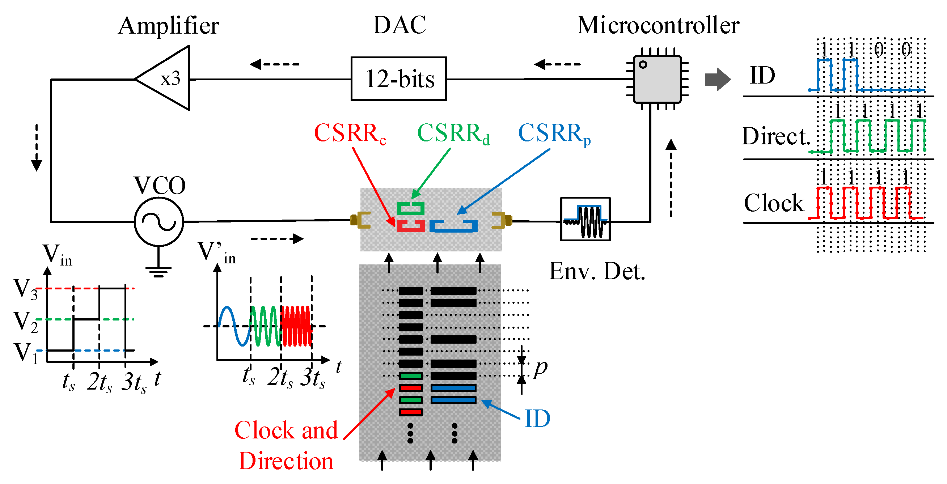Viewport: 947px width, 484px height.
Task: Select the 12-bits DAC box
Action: coord(399,78)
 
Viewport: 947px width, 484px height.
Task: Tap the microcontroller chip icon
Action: coord(657,78)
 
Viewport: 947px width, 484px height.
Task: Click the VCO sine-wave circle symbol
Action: coord(159,222)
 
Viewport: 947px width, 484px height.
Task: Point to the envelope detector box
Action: coord(585,219)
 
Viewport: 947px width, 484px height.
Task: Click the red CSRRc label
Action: coord(350,133)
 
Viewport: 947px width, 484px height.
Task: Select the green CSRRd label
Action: coord(453,133)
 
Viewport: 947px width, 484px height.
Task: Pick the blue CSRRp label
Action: coord(554,133)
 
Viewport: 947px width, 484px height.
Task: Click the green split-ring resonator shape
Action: coord(411,208)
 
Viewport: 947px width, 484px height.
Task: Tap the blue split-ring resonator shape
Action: coord(454,226)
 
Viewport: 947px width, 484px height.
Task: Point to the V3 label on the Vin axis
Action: coord(26,289)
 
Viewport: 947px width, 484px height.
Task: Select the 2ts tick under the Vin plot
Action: coord(99,382)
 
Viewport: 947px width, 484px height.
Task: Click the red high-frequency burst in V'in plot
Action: coord(296,326)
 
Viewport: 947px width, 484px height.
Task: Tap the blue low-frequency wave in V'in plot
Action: coord(234,326)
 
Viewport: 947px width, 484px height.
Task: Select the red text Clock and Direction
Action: coord(286,445)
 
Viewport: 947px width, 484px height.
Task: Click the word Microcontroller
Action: coord(658,26)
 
